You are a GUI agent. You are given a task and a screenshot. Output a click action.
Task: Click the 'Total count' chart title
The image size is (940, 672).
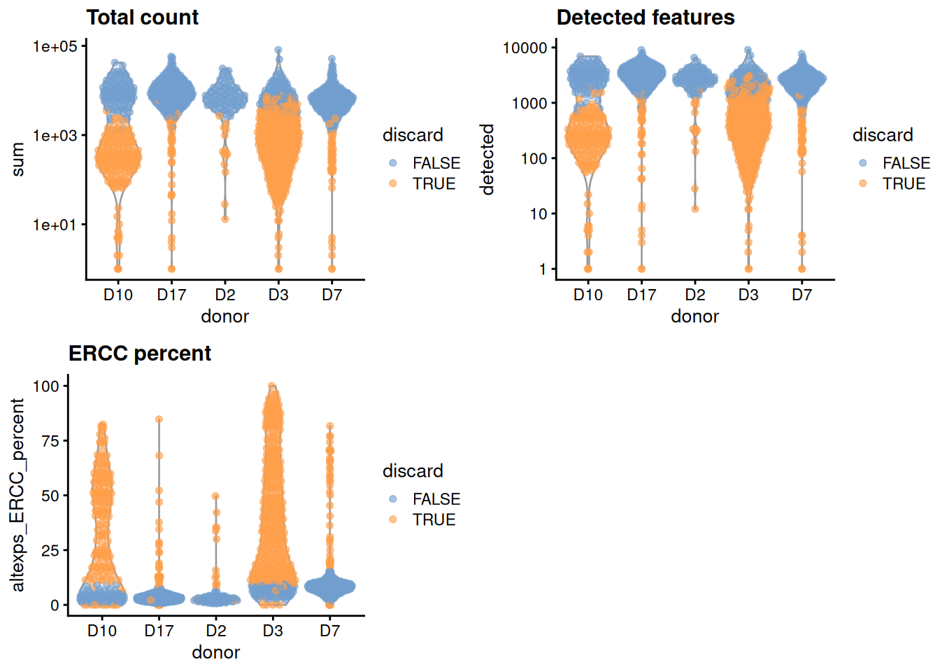142,17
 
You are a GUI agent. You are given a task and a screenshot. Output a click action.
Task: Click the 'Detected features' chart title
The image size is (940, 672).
645,17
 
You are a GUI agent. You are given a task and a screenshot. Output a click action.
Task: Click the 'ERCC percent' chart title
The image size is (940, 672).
139,353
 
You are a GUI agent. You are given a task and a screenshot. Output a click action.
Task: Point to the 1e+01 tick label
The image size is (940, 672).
55,225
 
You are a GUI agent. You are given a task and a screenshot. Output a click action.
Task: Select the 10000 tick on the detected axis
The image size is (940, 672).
525,48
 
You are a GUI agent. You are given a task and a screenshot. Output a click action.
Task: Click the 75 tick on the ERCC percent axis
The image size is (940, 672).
50,441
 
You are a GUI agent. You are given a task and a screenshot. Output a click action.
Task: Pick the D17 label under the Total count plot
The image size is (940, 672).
171,295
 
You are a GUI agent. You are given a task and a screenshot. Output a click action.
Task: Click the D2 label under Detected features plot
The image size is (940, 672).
695,295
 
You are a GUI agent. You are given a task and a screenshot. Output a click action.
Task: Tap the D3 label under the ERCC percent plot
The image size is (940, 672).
273,631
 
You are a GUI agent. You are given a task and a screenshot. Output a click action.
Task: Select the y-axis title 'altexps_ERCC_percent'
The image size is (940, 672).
17,495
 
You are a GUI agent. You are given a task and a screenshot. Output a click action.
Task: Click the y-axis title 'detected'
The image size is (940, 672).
487,160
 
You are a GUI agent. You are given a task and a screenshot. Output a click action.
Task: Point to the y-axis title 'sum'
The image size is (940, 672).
17,160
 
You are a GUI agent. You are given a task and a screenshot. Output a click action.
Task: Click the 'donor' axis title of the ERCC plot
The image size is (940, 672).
215,652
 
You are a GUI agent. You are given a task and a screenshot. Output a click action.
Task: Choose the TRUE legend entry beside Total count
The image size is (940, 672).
434,183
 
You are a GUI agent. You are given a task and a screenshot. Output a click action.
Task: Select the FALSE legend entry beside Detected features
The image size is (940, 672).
906,163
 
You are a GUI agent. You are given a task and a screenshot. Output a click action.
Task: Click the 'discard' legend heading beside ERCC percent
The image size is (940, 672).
413,471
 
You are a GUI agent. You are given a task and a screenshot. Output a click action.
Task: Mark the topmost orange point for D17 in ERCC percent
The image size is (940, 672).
159,419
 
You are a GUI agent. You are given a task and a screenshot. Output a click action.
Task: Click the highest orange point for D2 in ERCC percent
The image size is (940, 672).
216,496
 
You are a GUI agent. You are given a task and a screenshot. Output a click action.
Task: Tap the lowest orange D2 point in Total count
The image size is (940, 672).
225,219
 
